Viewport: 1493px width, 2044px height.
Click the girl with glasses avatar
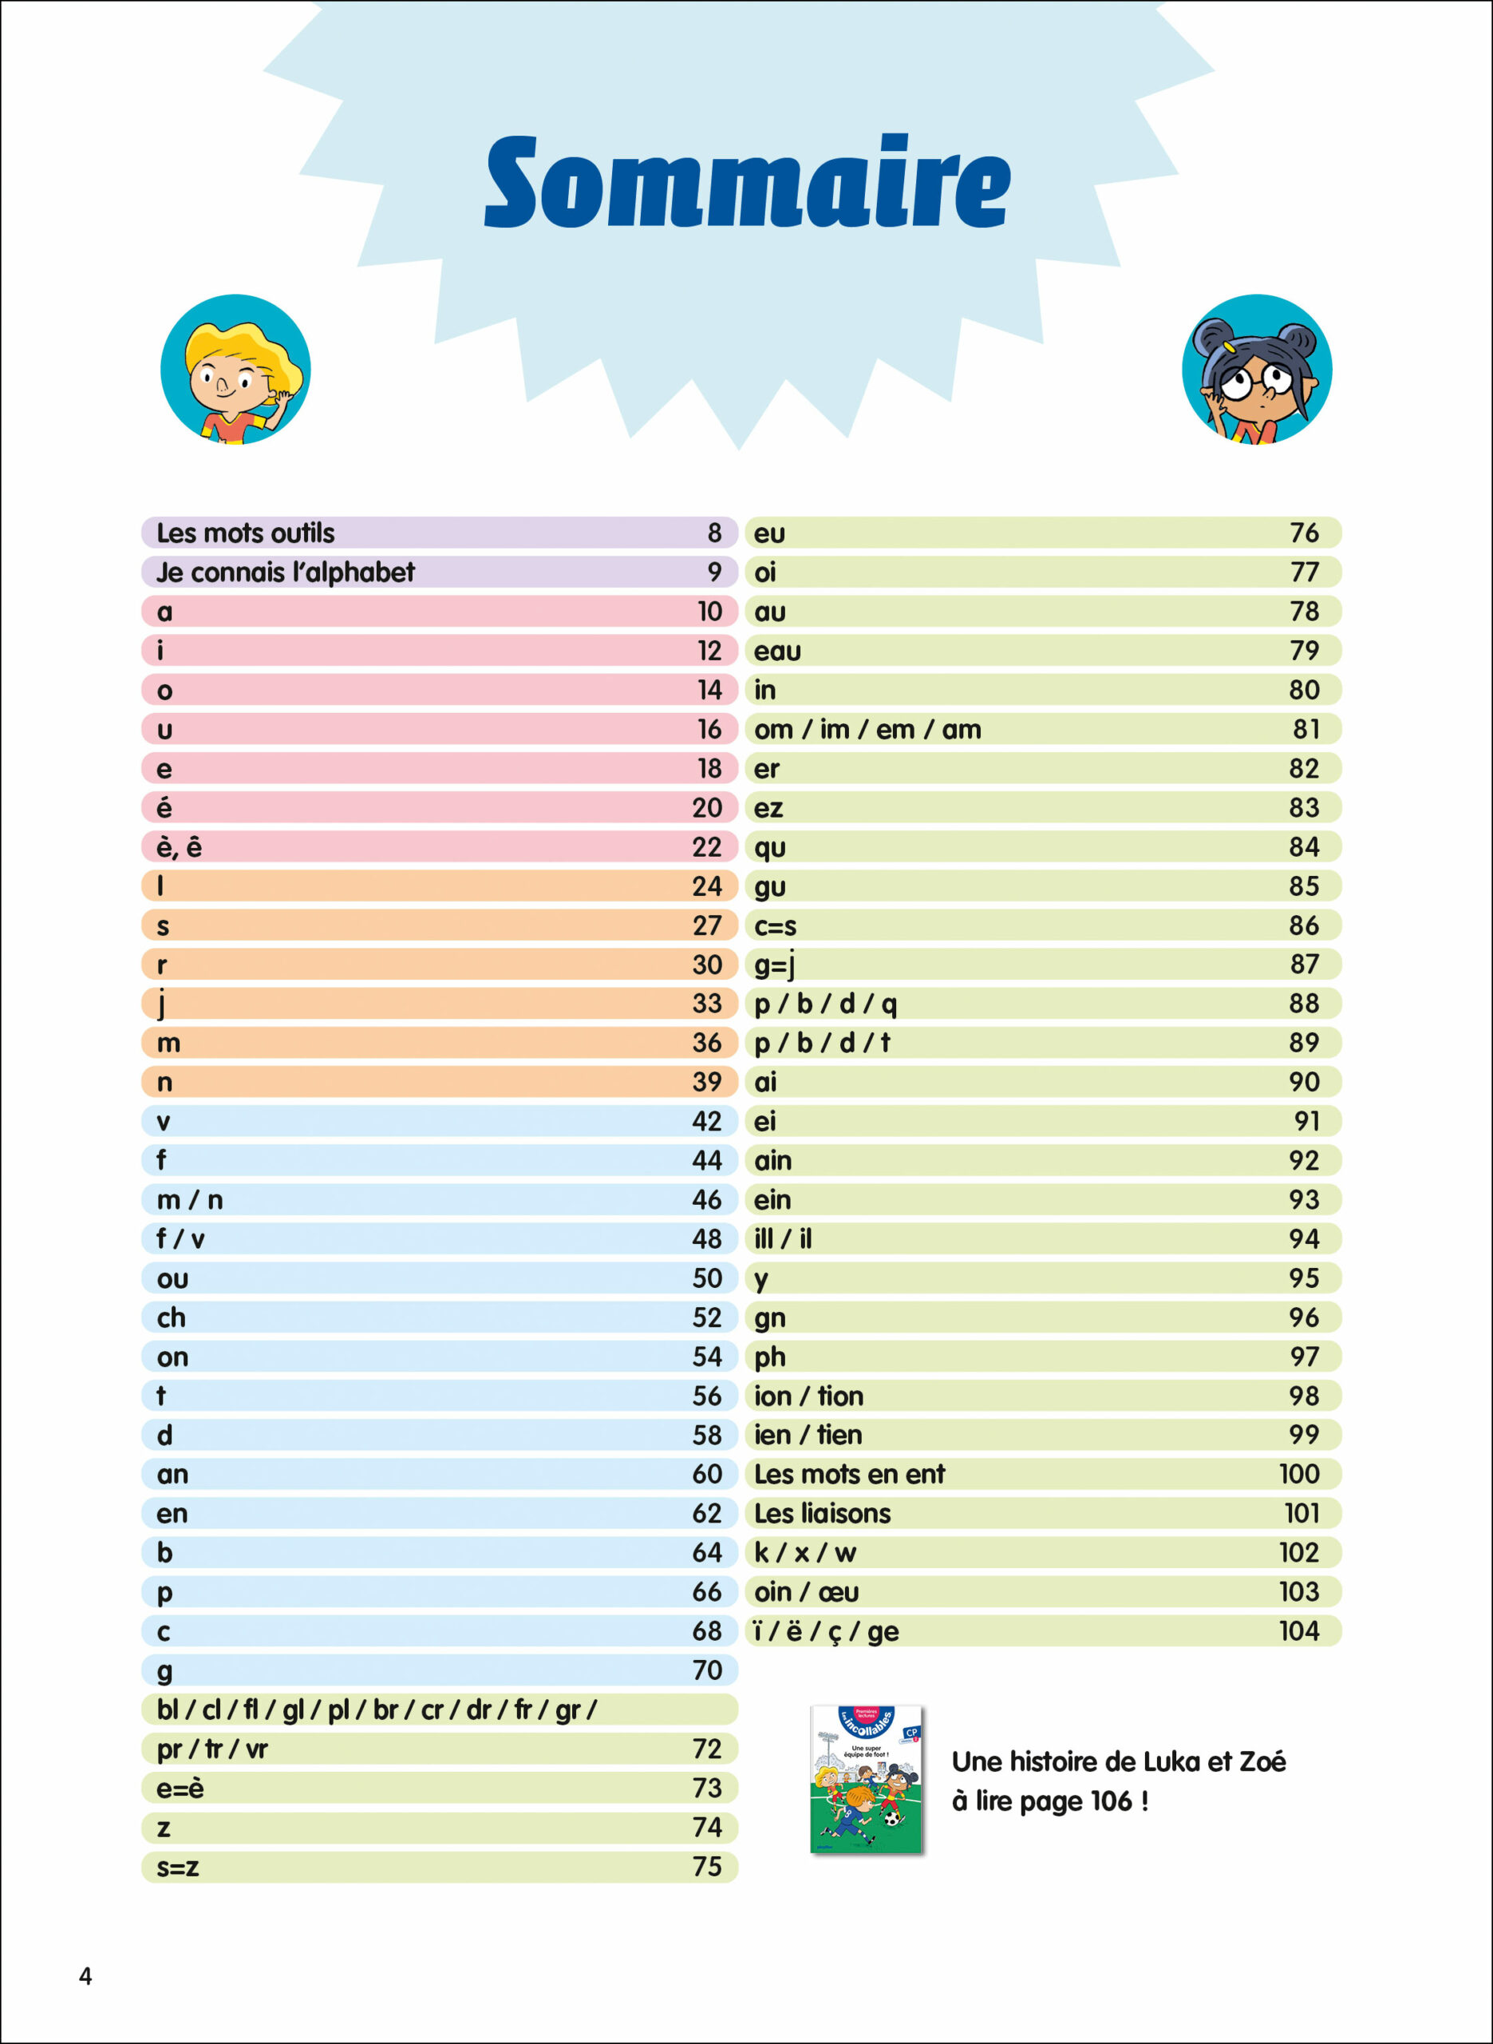[1256, 369]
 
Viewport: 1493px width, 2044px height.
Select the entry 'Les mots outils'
[245, 533]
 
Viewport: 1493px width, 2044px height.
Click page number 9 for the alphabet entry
[714, 572]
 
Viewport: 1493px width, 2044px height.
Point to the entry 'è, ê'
[179, 847]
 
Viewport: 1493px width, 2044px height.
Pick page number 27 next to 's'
[707, 925]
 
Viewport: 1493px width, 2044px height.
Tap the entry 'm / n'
[190, 1199]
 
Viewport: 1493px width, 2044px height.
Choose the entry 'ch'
[172, 1317]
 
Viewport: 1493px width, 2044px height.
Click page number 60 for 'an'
[707, 1475]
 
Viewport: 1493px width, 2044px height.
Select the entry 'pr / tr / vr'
[212, 1749]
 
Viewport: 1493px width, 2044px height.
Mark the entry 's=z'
[177, 1867]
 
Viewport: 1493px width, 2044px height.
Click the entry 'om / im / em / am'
[867, 730]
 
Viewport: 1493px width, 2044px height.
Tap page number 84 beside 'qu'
[1303, 847]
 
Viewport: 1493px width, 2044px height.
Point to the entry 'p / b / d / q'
[825, 1004]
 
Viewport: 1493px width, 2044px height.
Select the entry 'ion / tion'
[809, 1396]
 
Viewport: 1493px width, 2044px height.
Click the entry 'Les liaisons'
[823, 1513]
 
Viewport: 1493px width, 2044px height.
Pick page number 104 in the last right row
[1298, 1631]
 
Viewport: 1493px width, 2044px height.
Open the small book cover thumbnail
[867, 1779]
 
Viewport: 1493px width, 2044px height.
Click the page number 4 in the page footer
[86, 1976]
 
